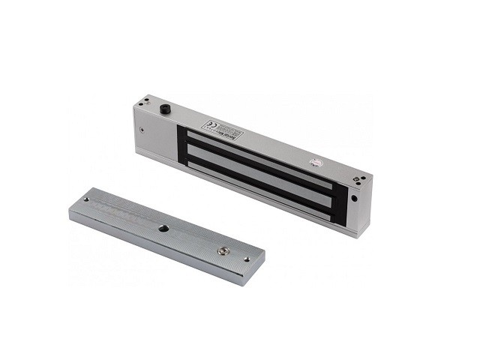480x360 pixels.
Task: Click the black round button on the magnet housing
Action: pyautogui.click(x=163, y=110)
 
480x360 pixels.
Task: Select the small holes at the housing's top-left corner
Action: pyautogui.click(x=145, y=100)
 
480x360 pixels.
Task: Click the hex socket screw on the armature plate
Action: pyautogui.click(x=221, y=250)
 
